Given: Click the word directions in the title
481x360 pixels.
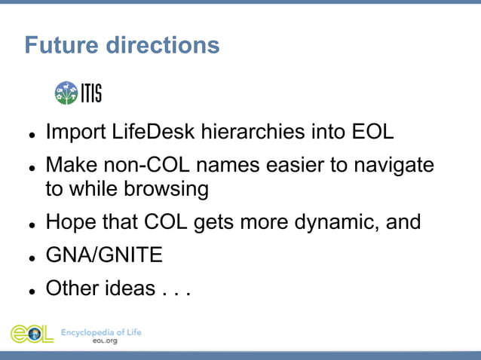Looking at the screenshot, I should (162, 45).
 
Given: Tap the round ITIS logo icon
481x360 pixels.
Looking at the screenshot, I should (66, 93).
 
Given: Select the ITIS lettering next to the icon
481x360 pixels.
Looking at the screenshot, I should (90, 93).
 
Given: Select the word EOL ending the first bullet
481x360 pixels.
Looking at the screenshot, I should (373, 132).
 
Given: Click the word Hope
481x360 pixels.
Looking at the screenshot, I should (72, 222).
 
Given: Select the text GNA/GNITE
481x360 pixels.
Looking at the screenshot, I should (104, 255).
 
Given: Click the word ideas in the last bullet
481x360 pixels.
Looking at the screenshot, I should (130, 288).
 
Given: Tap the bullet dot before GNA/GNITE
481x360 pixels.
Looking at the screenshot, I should (32, 258).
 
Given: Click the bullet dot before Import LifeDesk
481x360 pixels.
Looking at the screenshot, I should (32, 134).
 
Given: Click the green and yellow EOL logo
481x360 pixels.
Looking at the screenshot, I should (32, 334).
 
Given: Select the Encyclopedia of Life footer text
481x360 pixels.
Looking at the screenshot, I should (100, 331).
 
